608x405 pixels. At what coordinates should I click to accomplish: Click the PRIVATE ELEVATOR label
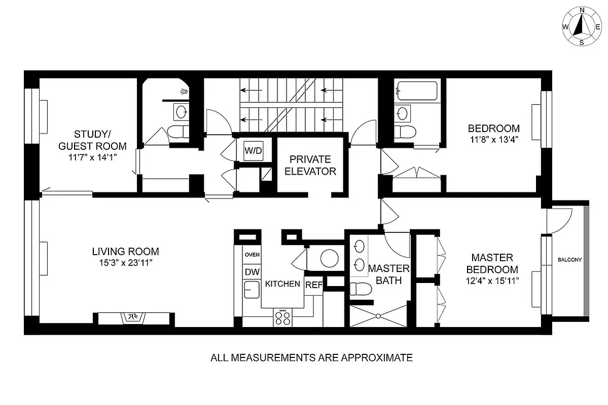click(310, 165)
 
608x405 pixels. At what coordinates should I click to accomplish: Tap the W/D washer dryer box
click(253, 150)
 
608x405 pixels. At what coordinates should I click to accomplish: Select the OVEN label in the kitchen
click(252, 255)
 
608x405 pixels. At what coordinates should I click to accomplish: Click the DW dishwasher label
click(252, 272)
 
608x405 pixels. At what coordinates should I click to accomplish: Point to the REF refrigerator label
click(313, 285)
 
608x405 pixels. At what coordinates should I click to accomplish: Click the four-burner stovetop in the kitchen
click(283, 317)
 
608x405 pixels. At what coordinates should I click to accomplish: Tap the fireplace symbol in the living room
click(134, 317)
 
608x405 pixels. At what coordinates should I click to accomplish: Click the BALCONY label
click(569, 260)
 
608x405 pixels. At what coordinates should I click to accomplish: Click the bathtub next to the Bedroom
click(416, 91)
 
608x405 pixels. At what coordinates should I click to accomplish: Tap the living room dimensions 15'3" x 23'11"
click(125, 263)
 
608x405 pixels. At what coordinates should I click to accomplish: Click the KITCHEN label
click(282, 284)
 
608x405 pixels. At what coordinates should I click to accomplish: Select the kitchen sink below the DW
click(251, 290)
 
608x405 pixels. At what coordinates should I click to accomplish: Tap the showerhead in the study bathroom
click(184, 92)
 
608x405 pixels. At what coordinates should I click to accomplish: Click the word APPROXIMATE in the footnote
click(377, 358)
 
